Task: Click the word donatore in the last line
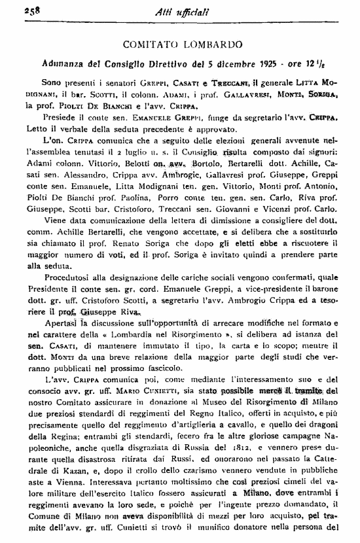(x=274, y=540)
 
